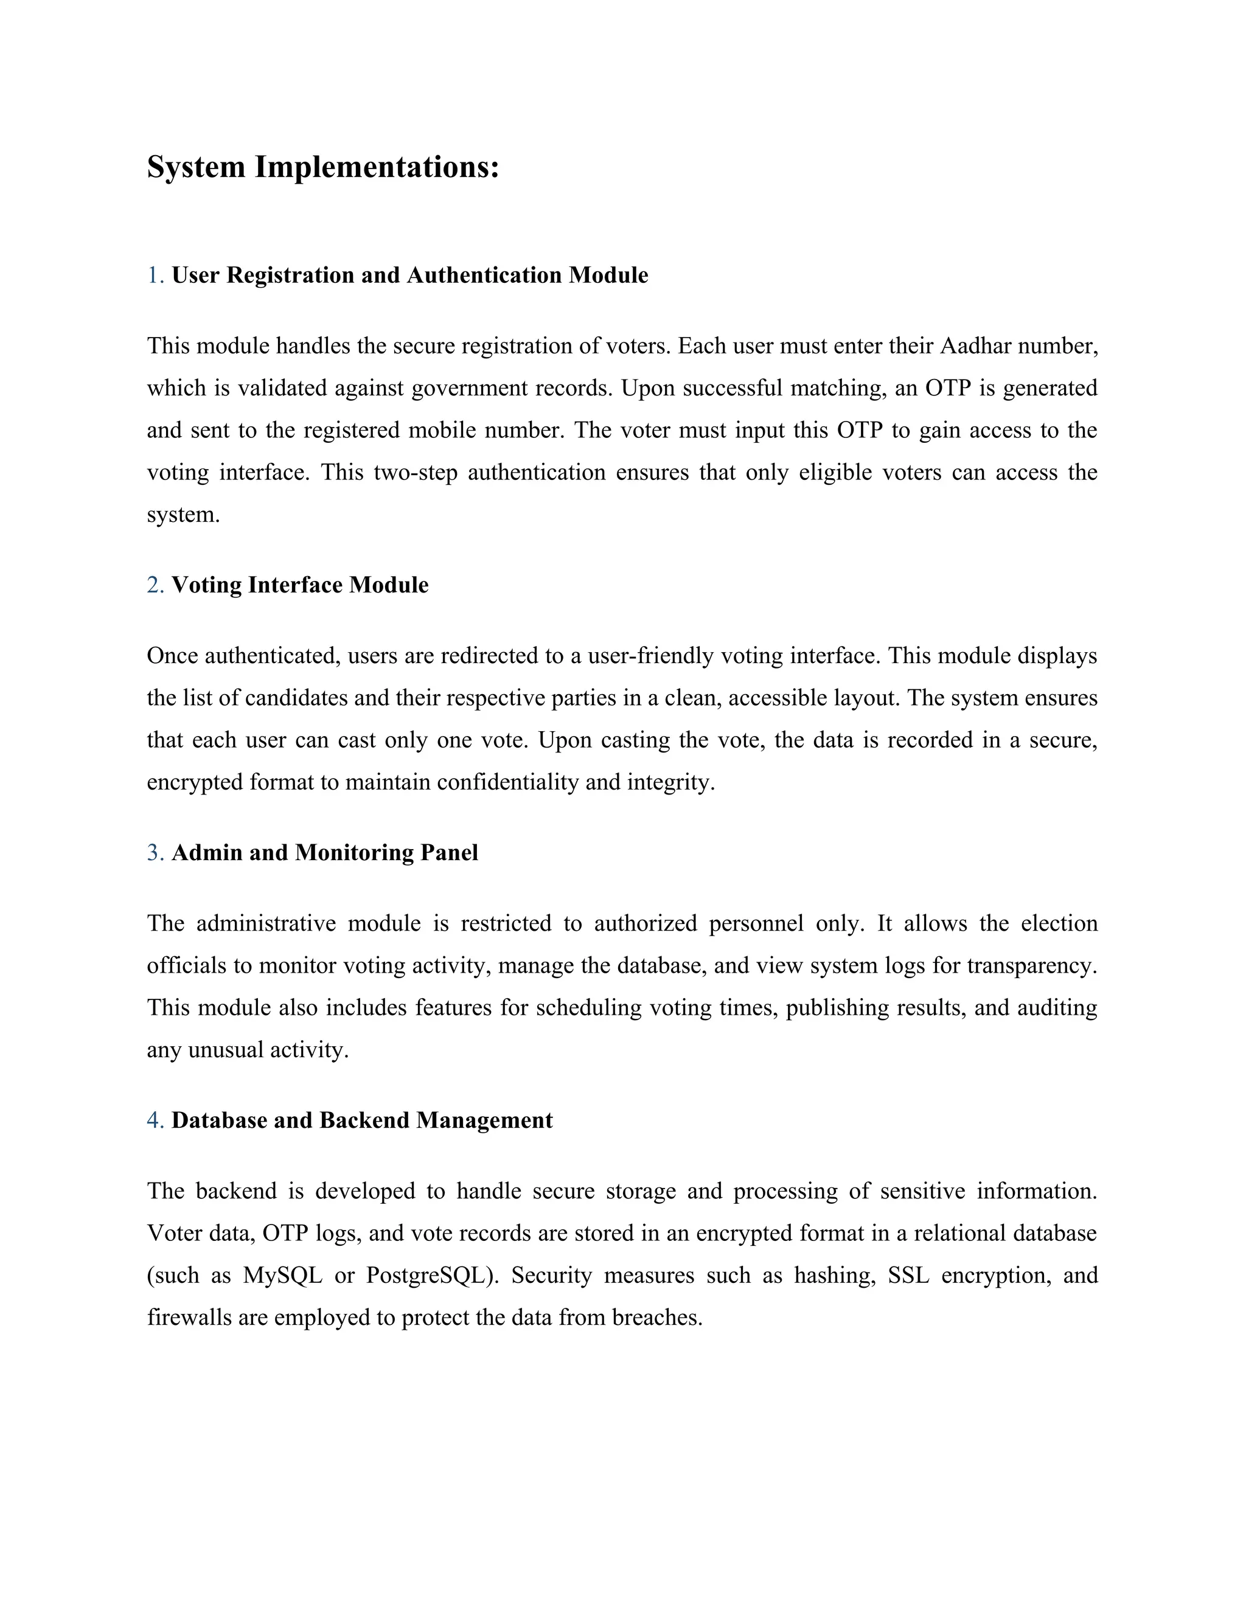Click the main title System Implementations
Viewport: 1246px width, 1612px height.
[x=322, y=167]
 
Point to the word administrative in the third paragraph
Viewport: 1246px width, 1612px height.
[x=266, y=923]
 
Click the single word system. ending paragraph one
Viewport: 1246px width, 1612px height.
[x=183, y=515]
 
